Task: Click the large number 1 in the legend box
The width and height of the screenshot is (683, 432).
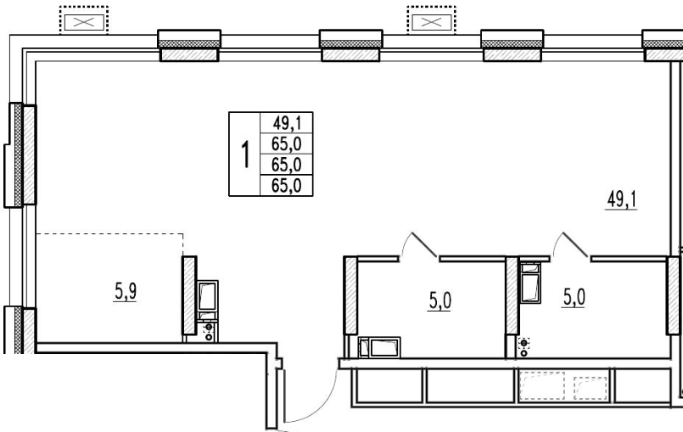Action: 246,154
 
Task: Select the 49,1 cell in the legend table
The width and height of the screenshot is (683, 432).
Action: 287,122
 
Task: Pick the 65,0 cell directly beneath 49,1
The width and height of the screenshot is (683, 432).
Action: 287,143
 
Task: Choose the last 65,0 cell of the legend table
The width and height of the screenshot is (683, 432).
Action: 287,186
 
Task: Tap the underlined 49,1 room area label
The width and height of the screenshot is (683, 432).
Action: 622,200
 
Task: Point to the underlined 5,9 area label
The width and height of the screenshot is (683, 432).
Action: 126,291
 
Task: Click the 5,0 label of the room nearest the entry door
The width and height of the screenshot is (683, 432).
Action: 440,300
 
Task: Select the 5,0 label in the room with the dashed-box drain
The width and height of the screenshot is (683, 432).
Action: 574,298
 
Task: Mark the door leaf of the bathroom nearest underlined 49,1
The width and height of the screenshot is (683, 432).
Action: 575,244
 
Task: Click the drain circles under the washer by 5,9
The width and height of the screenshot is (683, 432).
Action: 209,332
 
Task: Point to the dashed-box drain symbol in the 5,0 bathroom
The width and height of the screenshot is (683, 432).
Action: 523,343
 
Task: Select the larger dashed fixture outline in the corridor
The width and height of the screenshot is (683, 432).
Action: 543,385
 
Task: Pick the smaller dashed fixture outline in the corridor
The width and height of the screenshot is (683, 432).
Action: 591,388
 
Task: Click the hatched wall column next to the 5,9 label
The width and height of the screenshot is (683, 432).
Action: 189,295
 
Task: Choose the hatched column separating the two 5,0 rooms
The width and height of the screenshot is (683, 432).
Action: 512,295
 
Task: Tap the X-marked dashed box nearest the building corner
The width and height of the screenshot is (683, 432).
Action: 84,20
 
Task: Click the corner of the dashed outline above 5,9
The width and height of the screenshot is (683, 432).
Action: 183,233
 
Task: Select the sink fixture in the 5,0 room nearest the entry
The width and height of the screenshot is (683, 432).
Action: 379,347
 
